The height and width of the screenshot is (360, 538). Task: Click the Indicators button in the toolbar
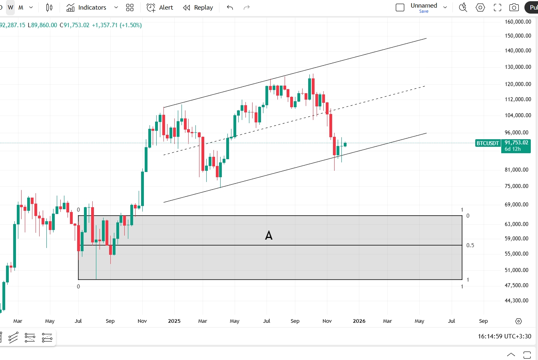click(x=87, y=8)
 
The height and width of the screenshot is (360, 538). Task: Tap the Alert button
click(x=160, y=8)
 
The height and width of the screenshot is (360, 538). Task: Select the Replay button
click(x=198, y=8)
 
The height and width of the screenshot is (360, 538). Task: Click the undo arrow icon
click(x=230, y=8)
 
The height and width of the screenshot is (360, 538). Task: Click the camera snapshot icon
click(x=514, y=8)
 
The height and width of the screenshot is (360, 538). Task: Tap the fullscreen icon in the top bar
click(x=497, y=8)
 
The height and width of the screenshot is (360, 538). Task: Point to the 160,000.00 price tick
click(x=518, y=22)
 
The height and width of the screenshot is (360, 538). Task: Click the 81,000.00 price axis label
click(x=516, y=170)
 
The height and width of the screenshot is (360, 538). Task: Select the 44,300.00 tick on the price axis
click(x=516, y=300)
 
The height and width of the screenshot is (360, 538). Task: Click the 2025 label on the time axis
click(x=174, y=321)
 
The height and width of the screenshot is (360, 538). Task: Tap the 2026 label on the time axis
click(x=359, y=321)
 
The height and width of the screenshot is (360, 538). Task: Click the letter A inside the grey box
click(x=269, y=236)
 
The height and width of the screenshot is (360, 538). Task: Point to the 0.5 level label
click(x=470, y=245)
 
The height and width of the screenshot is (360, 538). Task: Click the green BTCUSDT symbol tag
click(x=488, y=143)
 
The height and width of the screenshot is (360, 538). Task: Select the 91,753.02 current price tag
click(x=516, y=142)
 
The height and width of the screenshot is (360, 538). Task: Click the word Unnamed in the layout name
click(x=424, y=6)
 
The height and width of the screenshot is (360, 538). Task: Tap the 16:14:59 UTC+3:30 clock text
click(x=504, y=336)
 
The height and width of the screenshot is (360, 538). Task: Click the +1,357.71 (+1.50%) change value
click(x=117, y=25)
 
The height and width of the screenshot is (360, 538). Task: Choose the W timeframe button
click(x=10, y=8)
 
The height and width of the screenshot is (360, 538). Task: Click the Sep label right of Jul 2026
click(x=483, y=321)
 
